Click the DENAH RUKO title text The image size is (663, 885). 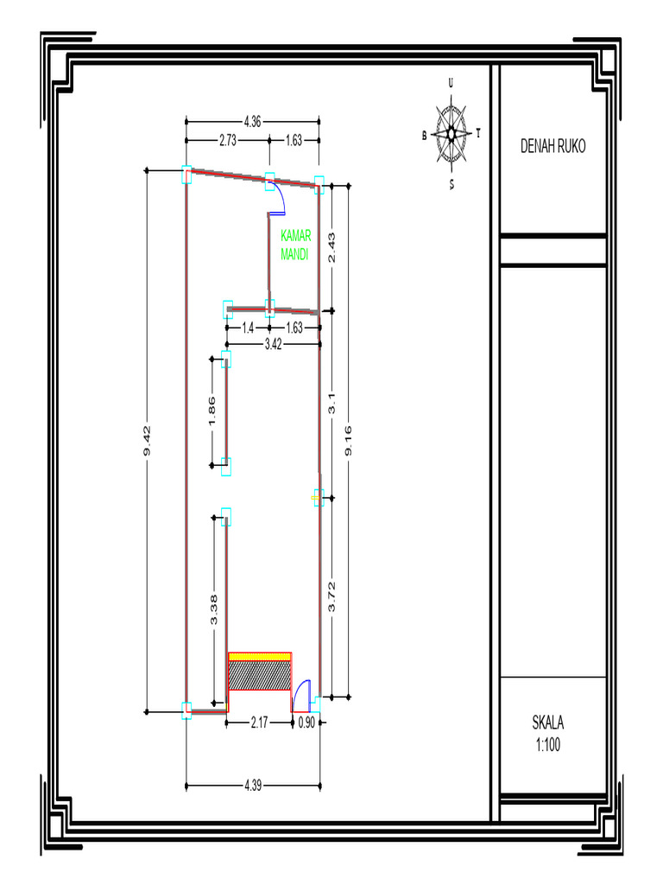click(552, 146)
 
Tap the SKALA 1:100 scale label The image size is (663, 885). click(548, 733)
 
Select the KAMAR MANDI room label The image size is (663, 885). click(295, 245)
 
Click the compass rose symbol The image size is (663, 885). click(451, 134)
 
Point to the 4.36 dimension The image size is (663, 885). click(252, 121)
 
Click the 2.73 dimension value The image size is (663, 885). click(228, 140)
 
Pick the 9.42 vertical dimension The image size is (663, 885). click(147, 441)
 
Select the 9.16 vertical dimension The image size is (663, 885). click(349, 441)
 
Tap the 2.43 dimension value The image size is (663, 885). click(332, 248)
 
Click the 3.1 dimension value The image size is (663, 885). click(332, 404)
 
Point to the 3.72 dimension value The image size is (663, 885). click(332, 596)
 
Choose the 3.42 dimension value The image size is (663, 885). click(273, 344)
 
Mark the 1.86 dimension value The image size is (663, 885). click(212, 411)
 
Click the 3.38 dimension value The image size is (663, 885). click(214, 610)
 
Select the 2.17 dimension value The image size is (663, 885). click(259, 723)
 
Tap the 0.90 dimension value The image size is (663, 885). click(306, 723)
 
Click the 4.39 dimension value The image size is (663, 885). click(253, 786)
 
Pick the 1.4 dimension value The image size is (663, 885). click(248, 328)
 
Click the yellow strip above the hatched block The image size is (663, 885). click(260, 657)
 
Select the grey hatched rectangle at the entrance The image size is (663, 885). click(260, 676)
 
